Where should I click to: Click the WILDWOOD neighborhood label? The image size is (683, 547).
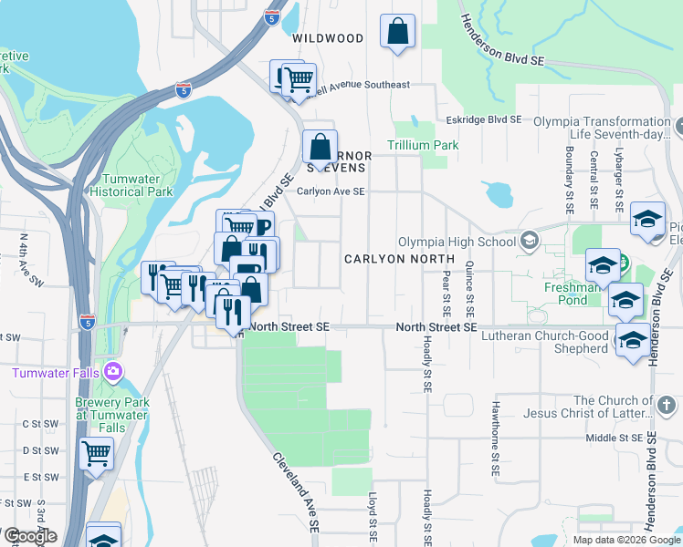(328, 38)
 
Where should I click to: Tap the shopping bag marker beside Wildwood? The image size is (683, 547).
(398, 32)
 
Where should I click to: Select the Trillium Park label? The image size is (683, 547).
(423, 145)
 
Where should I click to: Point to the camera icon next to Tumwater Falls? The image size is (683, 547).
(112, 371)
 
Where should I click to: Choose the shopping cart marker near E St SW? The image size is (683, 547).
(96, 452)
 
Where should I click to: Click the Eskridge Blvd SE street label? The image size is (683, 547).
(483, 119)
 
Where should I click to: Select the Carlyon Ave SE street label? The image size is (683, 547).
(331, 191)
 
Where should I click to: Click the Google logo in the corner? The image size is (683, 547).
(30, 536)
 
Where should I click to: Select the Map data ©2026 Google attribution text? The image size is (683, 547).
(626, 540)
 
